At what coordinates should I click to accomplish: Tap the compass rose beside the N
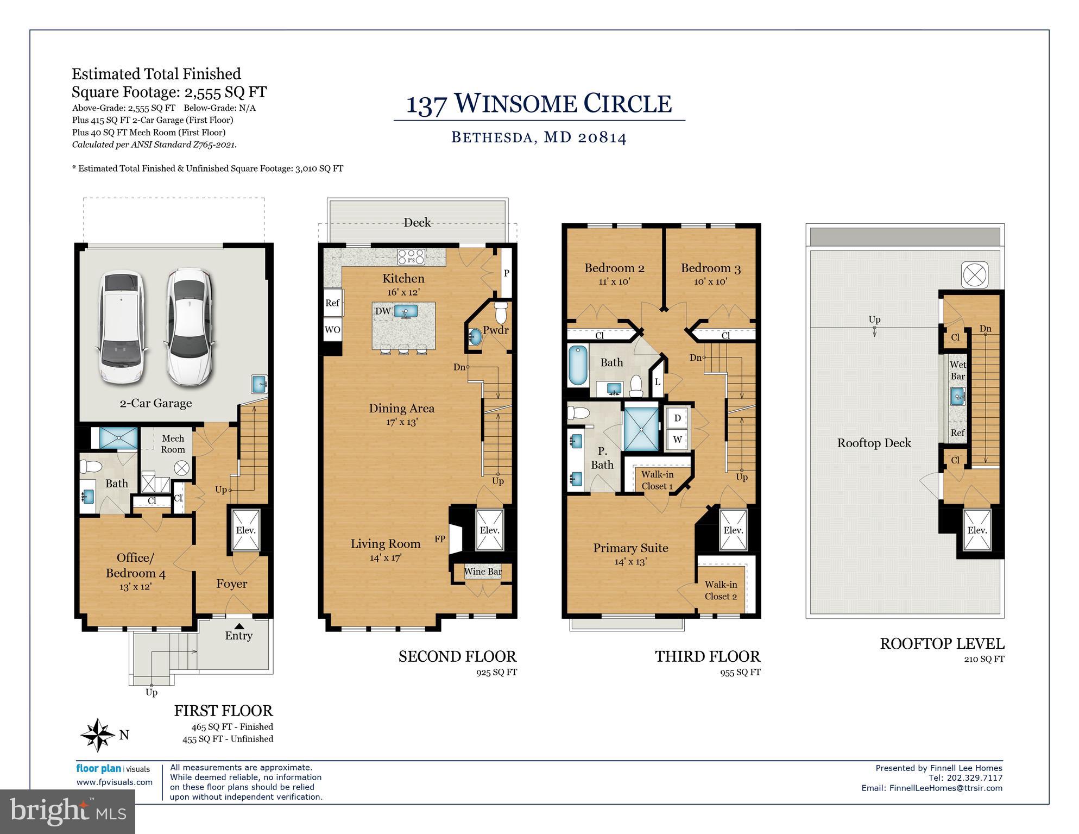(98, 735)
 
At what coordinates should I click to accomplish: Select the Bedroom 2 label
(614, 268)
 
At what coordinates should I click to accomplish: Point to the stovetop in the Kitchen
(411, 256)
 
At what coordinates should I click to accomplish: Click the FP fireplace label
(440, 539)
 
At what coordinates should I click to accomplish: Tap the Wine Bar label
(482, 572)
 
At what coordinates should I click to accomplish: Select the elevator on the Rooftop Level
(977, 530)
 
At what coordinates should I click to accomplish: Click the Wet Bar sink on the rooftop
(958, 397)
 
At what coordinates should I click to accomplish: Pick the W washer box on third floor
(677, 440)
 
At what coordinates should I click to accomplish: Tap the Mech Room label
(173, 444)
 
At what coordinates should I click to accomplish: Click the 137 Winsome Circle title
(539, 104)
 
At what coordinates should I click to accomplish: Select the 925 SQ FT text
(496, 672)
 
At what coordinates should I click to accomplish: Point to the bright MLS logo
(67, 812)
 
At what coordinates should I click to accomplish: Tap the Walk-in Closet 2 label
(721, 590)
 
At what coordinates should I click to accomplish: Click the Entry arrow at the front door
(239, 626)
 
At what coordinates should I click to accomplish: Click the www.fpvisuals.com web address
(114, 782)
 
